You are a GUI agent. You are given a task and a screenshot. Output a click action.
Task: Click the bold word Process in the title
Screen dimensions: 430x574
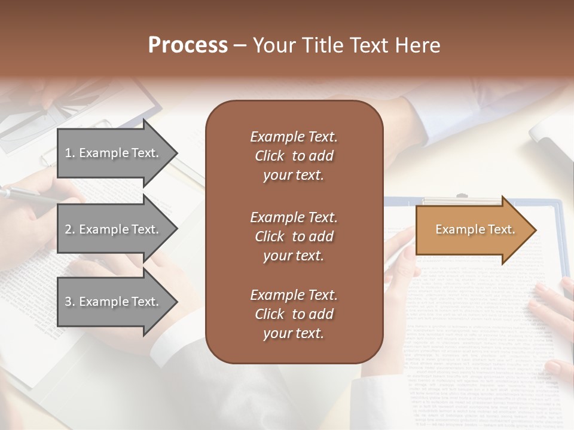click(188, 45)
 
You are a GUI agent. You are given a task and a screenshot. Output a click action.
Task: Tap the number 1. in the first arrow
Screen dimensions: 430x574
click(70, 153)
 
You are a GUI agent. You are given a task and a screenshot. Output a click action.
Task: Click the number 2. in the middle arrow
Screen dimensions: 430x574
click(70, 229)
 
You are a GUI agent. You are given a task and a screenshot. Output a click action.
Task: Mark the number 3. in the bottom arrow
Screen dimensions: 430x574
click(70, 302)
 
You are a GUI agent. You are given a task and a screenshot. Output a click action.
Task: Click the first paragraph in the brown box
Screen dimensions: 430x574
click(294, 156)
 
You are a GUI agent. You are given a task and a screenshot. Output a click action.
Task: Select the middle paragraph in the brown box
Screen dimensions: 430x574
click(294, 236)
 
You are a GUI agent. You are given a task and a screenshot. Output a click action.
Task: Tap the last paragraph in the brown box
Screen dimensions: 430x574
click(294, 314)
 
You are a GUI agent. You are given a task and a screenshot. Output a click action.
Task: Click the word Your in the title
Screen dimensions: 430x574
click(272, 45)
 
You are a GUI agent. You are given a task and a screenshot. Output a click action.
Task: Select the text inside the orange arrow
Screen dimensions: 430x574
click(475, 229)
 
